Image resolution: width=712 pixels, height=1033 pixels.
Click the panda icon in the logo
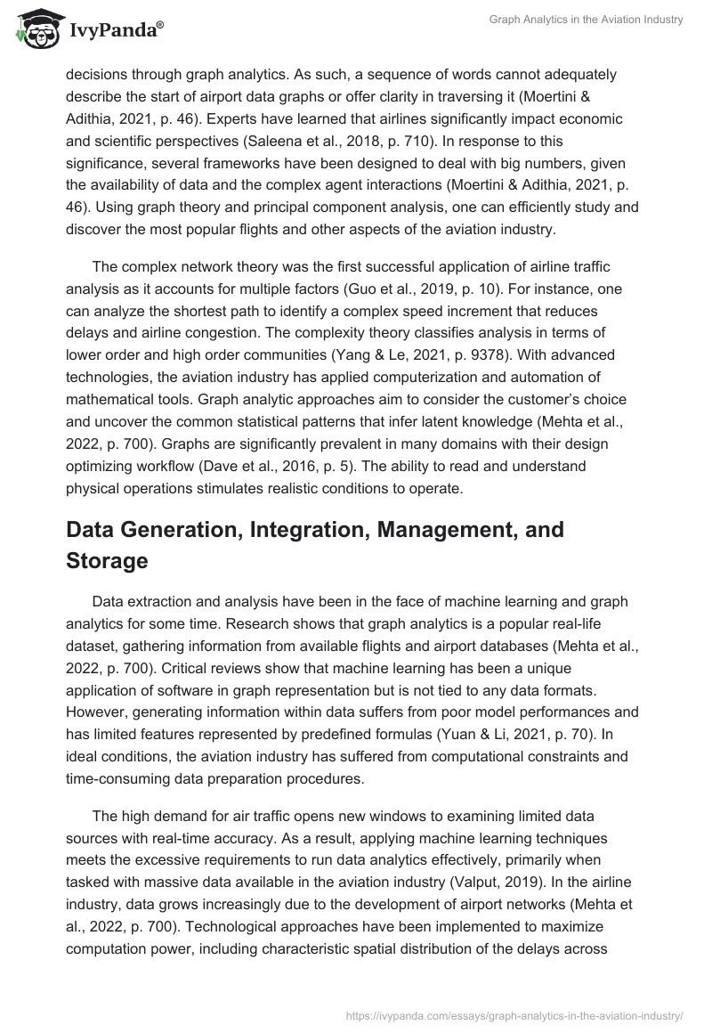(33, 29)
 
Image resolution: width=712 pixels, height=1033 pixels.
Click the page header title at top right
(586, 20)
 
